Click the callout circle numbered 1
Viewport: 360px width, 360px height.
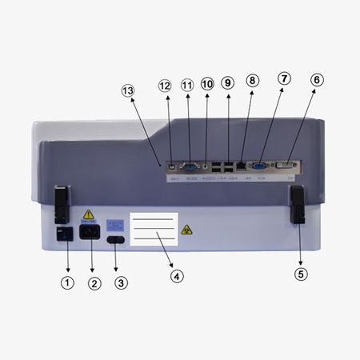click(x=67, y=282)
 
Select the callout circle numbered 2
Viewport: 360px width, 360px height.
click(x=94, y=282)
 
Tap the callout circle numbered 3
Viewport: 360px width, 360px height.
click(x=122, y=282)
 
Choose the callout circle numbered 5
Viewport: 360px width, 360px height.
click(x=301, y=274)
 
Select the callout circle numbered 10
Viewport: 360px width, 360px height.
click(x=207, y=84)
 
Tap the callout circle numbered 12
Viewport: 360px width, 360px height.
click(x=166, y=85)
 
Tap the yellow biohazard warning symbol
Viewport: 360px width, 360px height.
click(x=186, y=230)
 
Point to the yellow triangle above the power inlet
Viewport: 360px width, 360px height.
click(x=89, y=215)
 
